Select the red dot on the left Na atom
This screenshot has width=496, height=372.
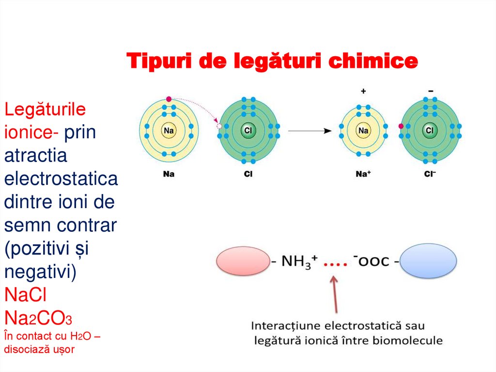tap(168, 99)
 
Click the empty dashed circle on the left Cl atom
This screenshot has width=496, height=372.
tap(219, 126)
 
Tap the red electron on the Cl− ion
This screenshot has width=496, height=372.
tap(401, 126)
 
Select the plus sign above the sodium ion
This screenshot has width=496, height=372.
tap(363, 91)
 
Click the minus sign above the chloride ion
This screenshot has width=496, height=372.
tap(431, 91)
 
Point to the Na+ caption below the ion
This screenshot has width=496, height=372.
tap(364, 173)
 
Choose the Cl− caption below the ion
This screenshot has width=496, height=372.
tap(430, 173)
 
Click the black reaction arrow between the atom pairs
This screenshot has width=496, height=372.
tap(310, 131)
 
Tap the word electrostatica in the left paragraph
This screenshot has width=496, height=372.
tap(61, 179)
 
